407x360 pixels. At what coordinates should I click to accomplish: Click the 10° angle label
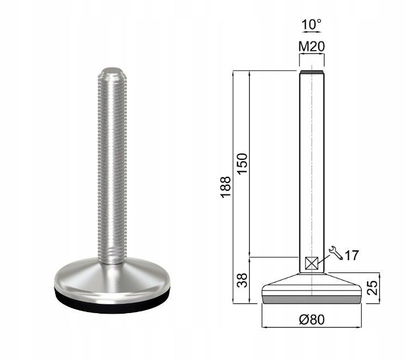(x=312, y=24)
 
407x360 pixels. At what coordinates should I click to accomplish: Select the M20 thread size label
(x=312, y=47)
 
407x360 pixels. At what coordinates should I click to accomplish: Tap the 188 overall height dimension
(x=226, y=187)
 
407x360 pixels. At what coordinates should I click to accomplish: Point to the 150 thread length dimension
(x=242, y=164)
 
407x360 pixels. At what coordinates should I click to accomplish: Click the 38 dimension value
(x=243, y=280)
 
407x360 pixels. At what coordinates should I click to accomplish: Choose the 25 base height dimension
(x=373, y=288)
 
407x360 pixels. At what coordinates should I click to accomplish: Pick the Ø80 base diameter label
(x=312, y=320)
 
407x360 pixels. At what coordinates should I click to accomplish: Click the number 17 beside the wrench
(x=352, y=256)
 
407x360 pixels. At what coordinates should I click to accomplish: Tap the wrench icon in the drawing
(x=336, y=253)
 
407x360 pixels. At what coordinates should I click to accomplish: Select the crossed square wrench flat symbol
(x=312, y=263)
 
